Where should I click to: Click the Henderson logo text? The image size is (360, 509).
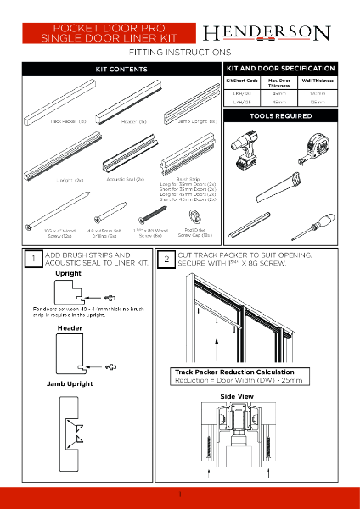click(x=266, y=33)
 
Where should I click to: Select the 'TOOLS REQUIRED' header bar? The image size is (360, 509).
click(x=279, y=115)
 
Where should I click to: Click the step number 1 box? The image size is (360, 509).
click(x=31, y=259)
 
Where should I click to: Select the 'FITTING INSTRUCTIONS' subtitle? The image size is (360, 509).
click(x=179, y=53)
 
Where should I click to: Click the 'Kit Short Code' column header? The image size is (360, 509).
click(x=240, y=80)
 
